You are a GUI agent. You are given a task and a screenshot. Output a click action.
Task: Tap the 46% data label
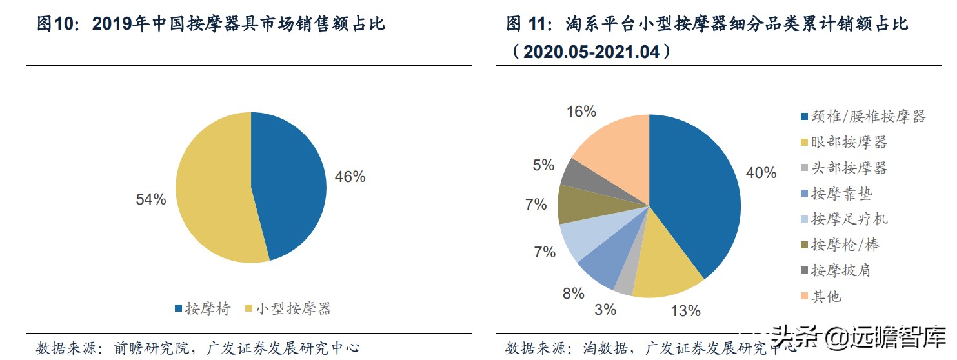[x=350, y=176]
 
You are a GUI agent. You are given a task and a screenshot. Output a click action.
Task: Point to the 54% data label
[x=150, y=199]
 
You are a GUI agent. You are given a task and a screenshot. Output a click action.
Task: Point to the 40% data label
[x=761, y=172]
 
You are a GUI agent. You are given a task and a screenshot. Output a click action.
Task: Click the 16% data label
[x=581, y=112]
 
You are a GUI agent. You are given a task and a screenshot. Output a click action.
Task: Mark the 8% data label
[x=572, y=294]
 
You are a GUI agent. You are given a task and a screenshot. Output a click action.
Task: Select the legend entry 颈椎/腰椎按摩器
[x=868, y=116]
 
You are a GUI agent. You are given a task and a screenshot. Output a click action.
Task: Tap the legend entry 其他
[x=826, y=296]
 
